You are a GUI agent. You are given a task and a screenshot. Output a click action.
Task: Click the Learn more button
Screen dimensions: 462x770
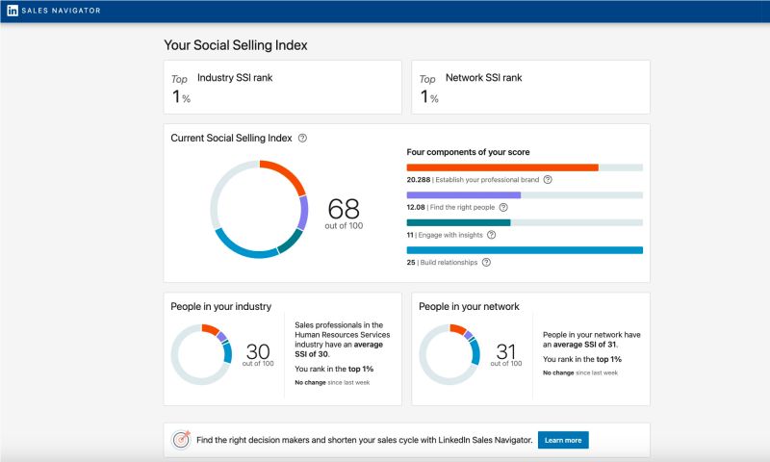point(563,440)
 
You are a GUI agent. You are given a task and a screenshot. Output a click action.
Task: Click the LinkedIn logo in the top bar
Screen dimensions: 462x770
point(13,11)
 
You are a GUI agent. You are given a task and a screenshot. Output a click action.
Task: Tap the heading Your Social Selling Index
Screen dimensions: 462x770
point(236,45)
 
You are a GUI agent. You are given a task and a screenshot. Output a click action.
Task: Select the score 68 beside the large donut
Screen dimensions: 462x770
point(344,209)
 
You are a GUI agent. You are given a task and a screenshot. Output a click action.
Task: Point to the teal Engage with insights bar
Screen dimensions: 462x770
point(458,222)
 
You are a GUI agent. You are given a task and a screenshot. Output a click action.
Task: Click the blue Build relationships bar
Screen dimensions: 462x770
point(525,250)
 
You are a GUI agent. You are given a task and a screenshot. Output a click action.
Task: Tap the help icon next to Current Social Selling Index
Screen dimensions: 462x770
point(302,139)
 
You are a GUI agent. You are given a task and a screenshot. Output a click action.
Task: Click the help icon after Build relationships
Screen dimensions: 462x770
point(486,262)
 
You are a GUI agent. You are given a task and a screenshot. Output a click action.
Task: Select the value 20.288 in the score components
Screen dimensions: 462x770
point(418,179)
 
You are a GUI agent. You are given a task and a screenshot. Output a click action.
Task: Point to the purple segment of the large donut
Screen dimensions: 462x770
point(303,213)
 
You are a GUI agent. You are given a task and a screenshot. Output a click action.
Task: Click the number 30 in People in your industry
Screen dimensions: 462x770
point(257,351)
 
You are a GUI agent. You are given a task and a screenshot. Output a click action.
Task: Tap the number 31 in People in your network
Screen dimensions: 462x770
point(505,351)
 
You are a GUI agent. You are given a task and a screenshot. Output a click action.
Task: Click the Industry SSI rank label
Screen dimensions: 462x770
point(235,78)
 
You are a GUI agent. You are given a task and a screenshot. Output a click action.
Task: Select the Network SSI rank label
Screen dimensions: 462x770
point(483,78)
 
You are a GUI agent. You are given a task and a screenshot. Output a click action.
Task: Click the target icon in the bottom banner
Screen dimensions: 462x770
point(180,440)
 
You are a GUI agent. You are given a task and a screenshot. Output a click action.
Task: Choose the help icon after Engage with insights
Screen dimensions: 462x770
point(492,234)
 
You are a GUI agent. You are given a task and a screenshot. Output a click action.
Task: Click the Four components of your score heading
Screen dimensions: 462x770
point(468,152)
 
